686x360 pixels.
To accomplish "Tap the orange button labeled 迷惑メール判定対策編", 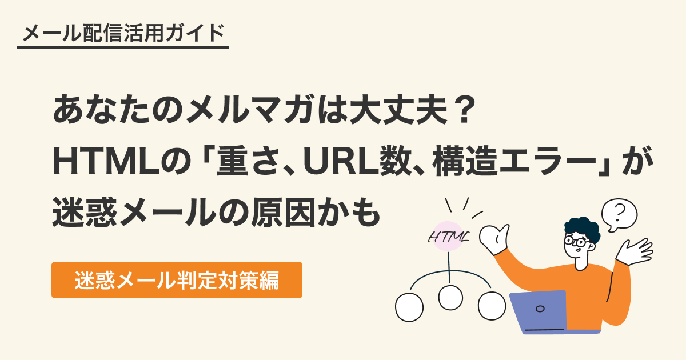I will coord(177,280).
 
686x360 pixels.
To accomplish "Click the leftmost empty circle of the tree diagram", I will coord(409,307).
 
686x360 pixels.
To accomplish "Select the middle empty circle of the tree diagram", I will coord(450,297).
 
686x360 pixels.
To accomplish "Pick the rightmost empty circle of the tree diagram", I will coord(492,306).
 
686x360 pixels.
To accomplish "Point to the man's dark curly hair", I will coord(583,226).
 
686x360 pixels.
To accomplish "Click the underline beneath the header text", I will coord(123,47).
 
